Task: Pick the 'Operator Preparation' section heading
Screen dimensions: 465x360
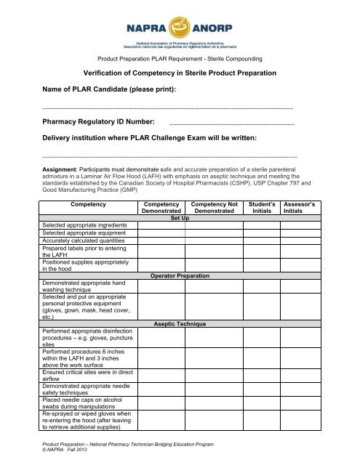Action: [x=180, y=276]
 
